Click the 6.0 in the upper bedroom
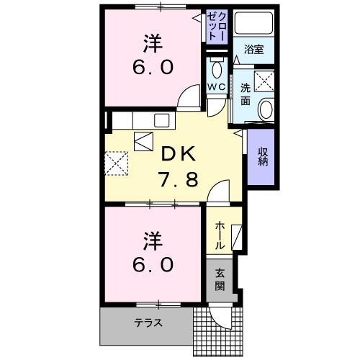152,68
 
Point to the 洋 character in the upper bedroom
152,43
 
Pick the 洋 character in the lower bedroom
152,238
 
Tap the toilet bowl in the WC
217,69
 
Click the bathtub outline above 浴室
253,25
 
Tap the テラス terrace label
147,323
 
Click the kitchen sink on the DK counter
160,120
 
